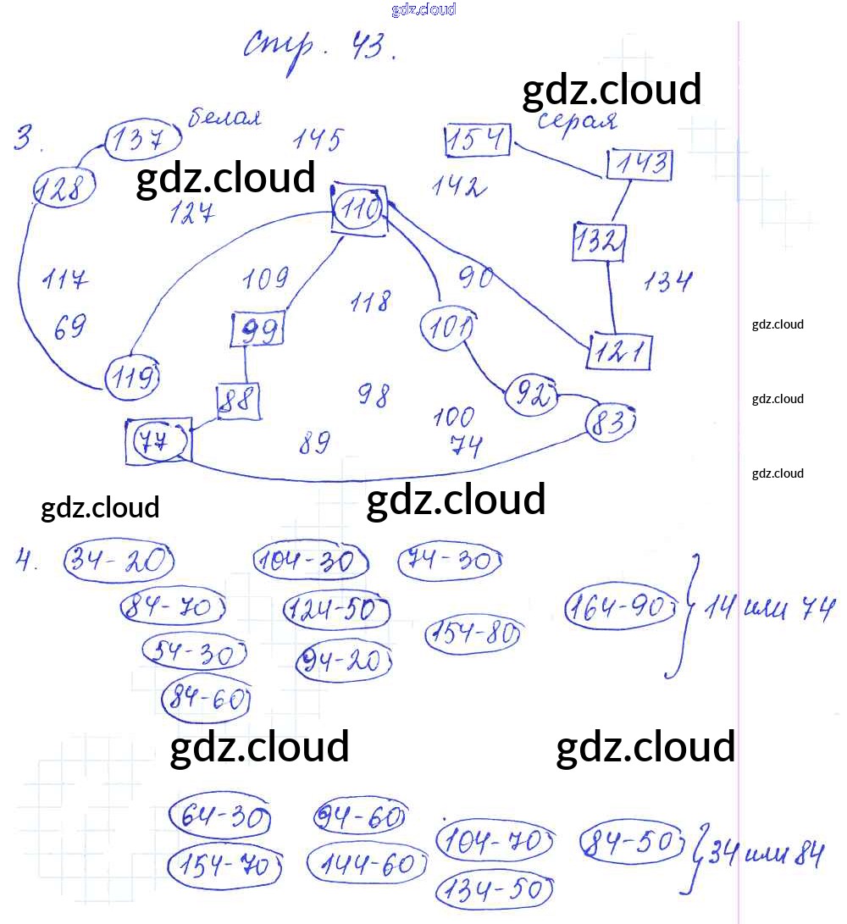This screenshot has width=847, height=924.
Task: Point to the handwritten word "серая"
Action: [x=579, y=121]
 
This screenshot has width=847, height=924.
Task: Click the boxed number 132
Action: [x=599, y=243]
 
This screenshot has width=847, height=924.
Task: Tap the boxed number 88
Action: [x=238, y=401]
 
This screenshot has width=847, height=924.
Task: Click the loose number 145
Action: [x=318, y=139]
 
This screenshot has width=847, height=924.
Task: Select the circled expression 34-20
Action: [x=119, y=562]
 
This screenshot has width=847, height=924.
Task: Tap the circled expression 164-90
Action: [x=622, y=607]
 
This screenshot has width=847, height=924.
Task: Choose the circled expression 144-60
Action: [x=364, y=865]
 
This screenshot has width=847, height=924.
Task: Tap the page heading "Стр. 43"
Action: [x=320, y=46]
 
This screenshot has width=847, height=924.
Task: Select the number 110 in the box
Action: [x=360, y=208]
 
